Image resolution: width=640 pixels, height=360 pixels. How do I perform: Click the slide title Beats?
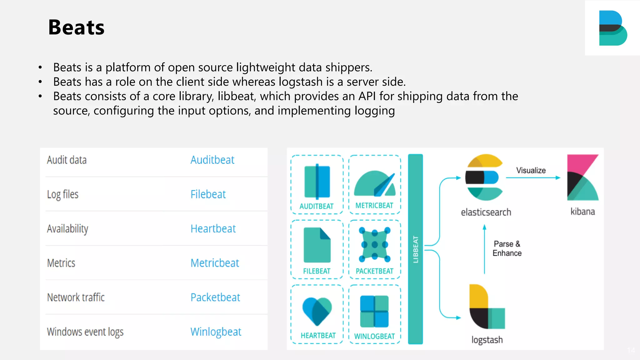click(x=76, y=27)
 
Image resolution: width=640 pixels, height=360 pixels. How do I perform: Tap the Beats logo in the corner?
click(x=612, y=28)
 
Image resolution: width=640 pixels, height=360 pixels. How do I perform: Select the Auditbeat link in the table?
click(x=212, y=160)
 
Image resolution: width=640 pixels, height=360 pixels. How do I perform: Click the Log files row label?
click(x=62, y=194)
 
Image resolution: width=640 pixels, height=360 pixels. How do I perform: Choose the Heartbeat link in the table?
click(x=213, y=229)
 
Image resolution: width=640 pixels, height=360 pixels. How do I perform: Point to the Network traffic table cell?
click(x=76, y=297)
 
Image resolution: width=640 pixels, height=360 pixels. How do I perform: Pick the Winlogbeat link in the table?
click(x=216, y=332)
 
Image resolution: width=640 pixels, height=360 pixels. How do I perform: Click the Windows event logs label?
click(x=85, y=332)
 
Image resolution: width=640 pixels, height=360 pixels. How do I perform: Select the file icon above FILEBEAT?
click(x=317, y=245)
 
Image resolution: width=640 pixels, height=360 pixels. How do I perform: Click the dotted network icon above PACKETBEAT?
click(x=374, y=244)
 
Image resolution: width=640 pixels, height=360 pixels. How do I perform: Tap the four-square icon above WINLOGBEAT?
click(x=374, y=311)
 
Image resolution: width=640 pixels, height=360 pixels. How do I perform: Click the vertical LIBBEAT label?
click(x=415, y=249)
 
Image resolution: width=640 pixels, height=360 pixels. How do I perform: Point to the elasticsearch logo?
click(x=484, y=177)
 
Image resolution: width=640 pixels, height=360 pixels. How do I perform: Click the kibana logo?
click(x=582, y=177)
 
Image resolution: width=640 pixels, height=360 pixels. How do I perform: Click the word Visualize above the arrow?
click(x=531, y=170)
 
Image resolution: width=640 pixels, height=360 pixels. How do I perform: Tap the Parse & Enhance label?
click(x=507, y=248)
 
